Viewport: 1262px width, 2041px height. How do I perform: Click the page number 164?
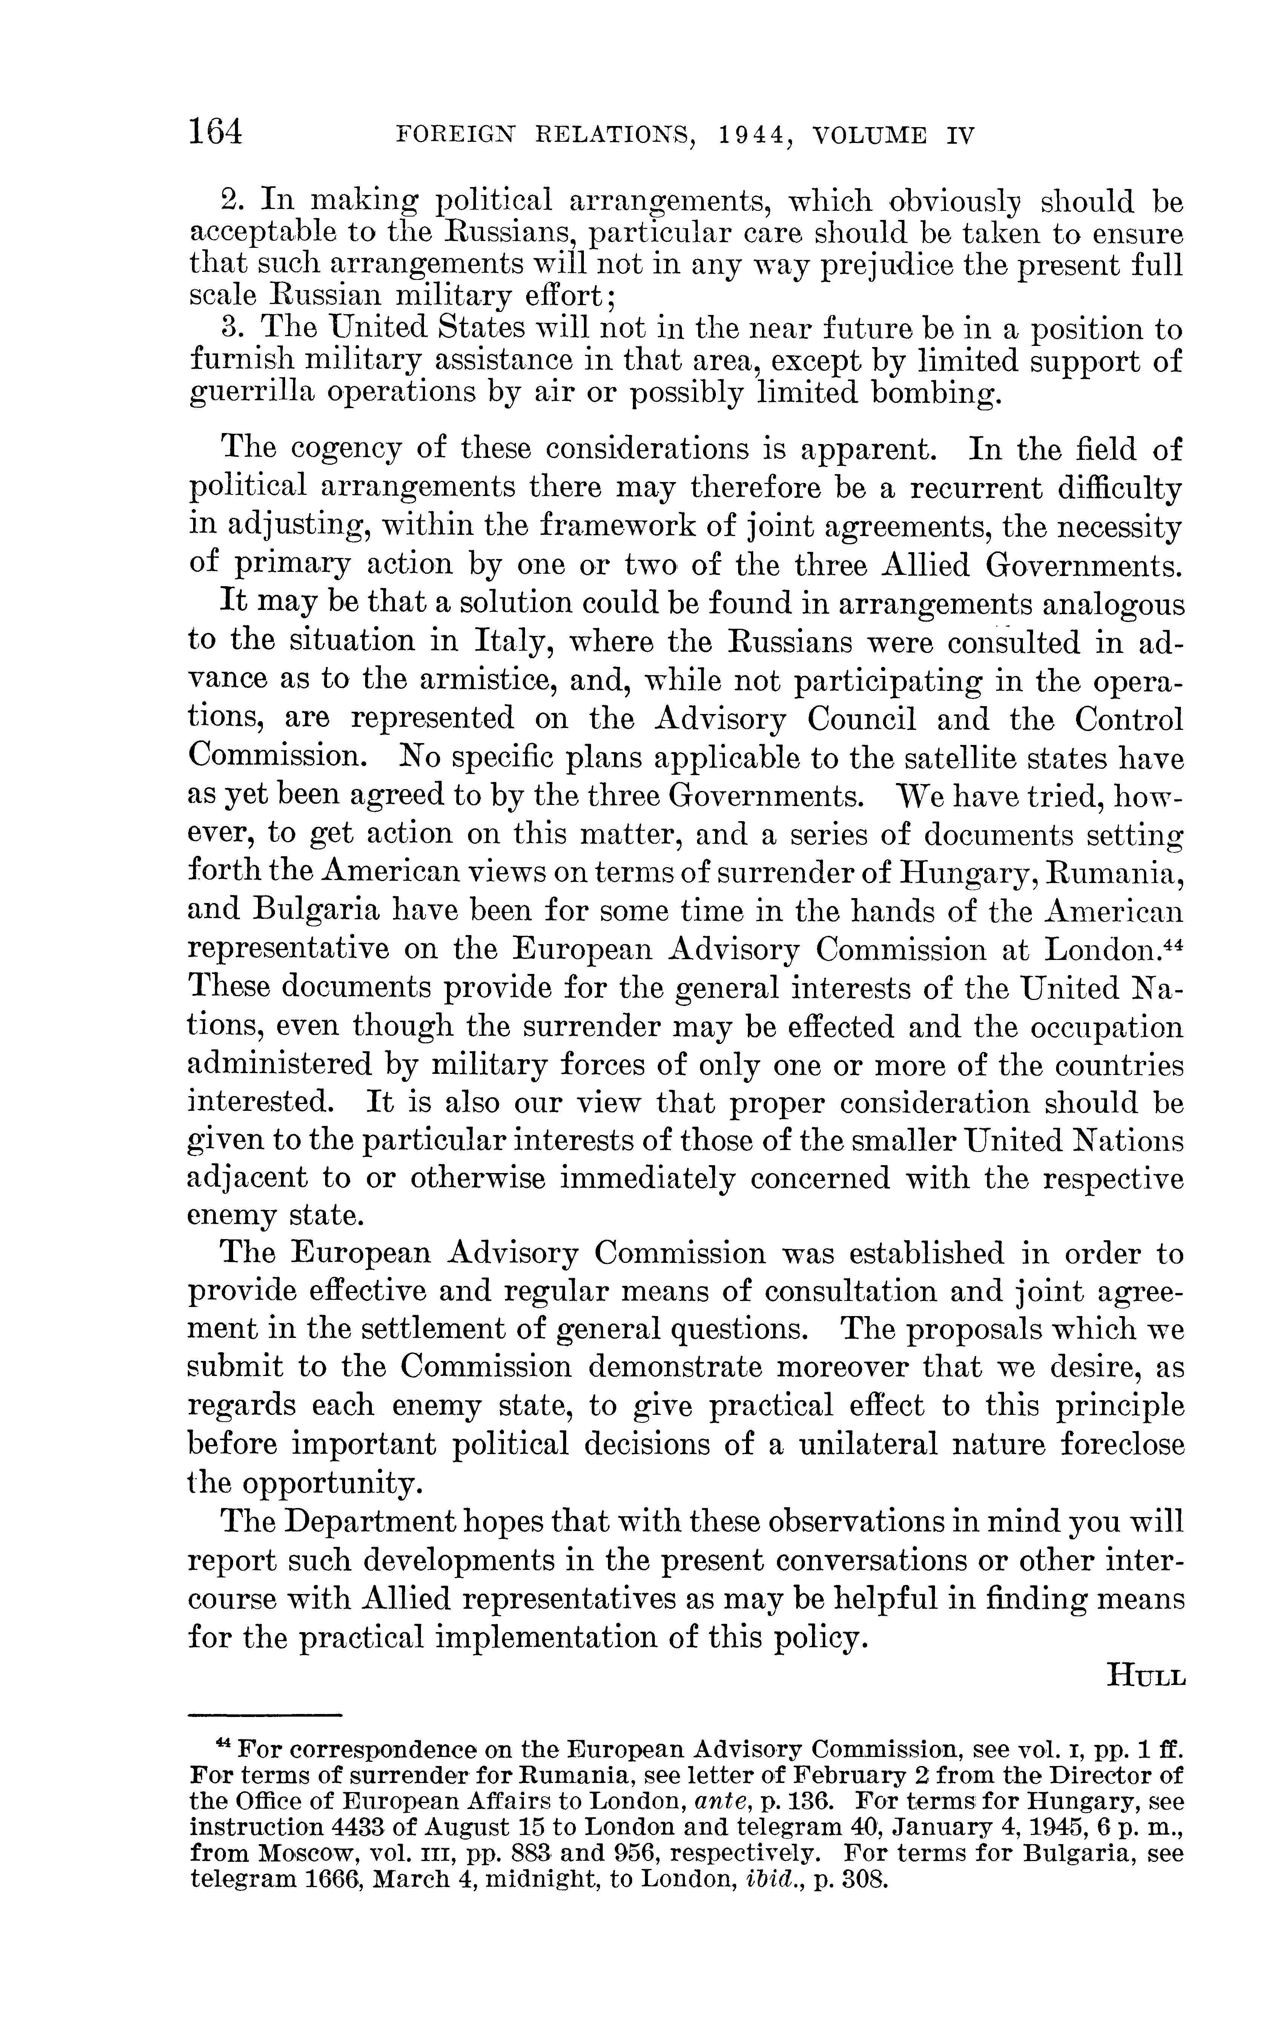coord(215,132)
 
